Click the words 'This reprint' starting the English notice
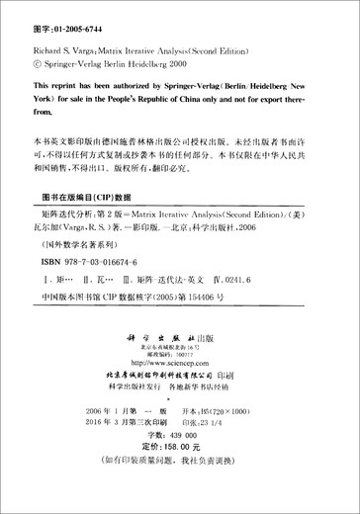[x=54, y=86]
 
